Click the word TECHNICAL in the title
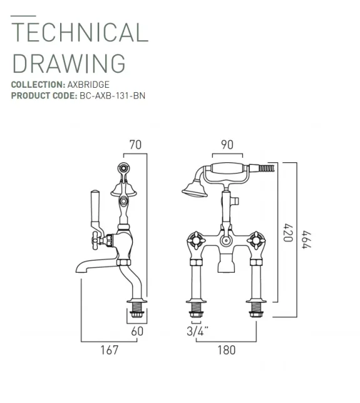[80, 32]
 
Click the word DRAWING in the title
[69, 63]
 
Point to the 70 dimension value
[135, 145]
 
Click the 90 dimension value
[227, 145]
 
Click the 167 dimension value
[109, 350]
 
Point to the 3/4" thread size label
[198, 332]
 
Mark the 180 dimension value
[227, 350]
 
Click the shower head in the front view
[193, 187]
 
